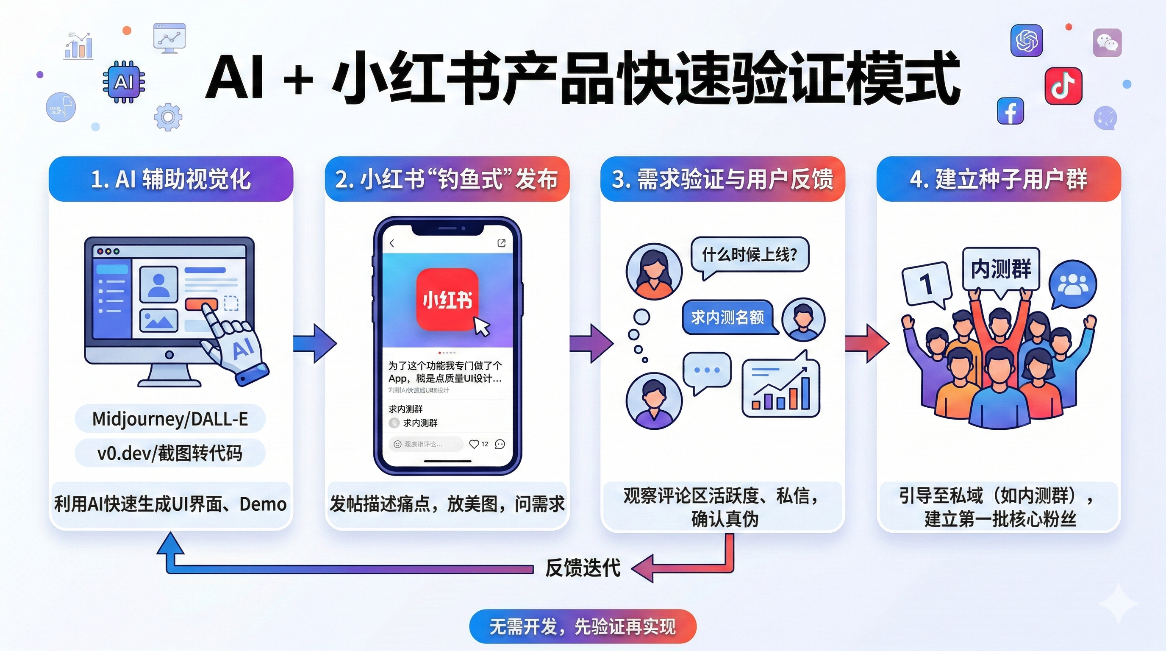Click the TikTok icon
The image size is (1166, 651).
[1063, 86]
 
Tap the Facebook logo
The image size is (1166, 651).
[1010, 111]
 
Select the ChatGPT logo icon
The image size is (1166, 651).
[1027, 40]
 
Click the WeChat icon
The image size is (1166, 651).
[1107, 43]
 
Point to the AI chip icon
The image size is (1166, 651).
[124, 82]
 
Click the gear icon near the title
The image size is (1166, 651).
[168, 117]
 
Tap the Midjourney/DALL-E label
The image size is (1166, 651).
[170, 419]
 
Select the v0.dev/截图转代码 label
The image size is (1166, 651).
[170, 453]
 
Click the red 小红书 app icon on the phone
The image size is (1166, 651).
[447, 300]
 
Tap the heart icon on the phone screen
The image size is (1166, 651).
[473, 444]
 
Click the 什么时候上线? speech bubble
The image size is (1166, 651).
[750, 255]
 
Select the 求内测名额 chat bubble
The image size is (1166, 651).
[727, 317]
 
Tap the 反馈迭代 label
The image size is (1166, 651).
[583, 568]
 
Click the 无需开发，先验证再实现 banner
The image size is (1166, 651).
[583, 626]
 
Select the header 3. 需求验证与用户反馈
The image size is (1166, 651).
[722, 179]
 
